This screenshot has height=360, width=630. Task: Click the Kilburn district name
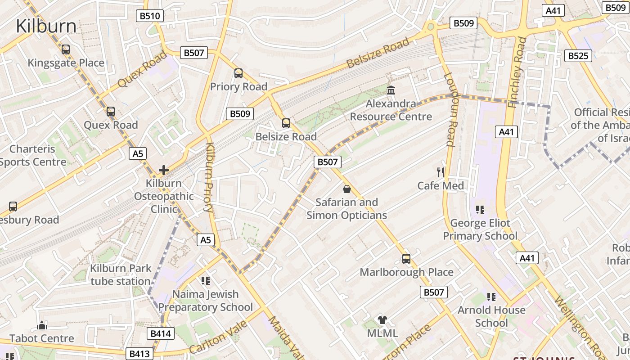pos(46,26)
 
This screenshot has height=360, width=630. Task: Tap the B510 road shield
pos(150,16)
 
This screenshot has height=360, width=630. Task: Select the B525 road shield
pos(578,56)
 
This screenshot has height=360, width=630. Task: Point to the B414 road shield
pos(161,333)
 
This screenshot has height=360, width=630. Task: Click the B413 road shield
pos(139,354)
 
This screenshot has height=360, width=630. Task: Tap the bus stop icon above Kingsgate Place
pos(66,49)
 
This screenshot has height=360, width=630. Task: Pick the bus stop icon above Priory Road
pos(238,73)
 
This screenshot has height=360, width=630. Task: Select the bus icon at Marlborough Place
pos(406,259)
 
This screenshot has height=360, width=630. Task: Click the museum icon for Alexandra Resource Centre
pos(391,90)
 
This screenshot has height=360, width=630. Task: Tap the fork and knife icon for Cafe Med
pos(441,172)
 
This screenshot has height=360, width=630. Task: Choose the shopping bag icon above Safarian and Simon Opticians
pos(346,189)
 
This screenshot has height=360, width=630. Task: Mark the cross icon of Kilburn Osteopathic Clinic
pos(164,170)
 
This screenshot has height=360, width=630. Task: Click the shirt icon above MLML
pos(382,320)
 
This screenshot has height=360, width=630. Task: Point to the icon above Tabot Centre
pos(42,325)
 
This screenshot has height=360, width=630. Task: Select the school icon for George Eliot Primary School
pos(480,209)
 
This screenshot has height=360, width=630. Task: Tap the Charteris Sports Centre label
pos(33,155)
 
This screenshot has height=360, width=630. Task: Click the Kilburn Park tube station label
pos(120,275)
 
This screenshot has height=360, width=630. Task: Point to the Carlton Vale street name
pos(218,337)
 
